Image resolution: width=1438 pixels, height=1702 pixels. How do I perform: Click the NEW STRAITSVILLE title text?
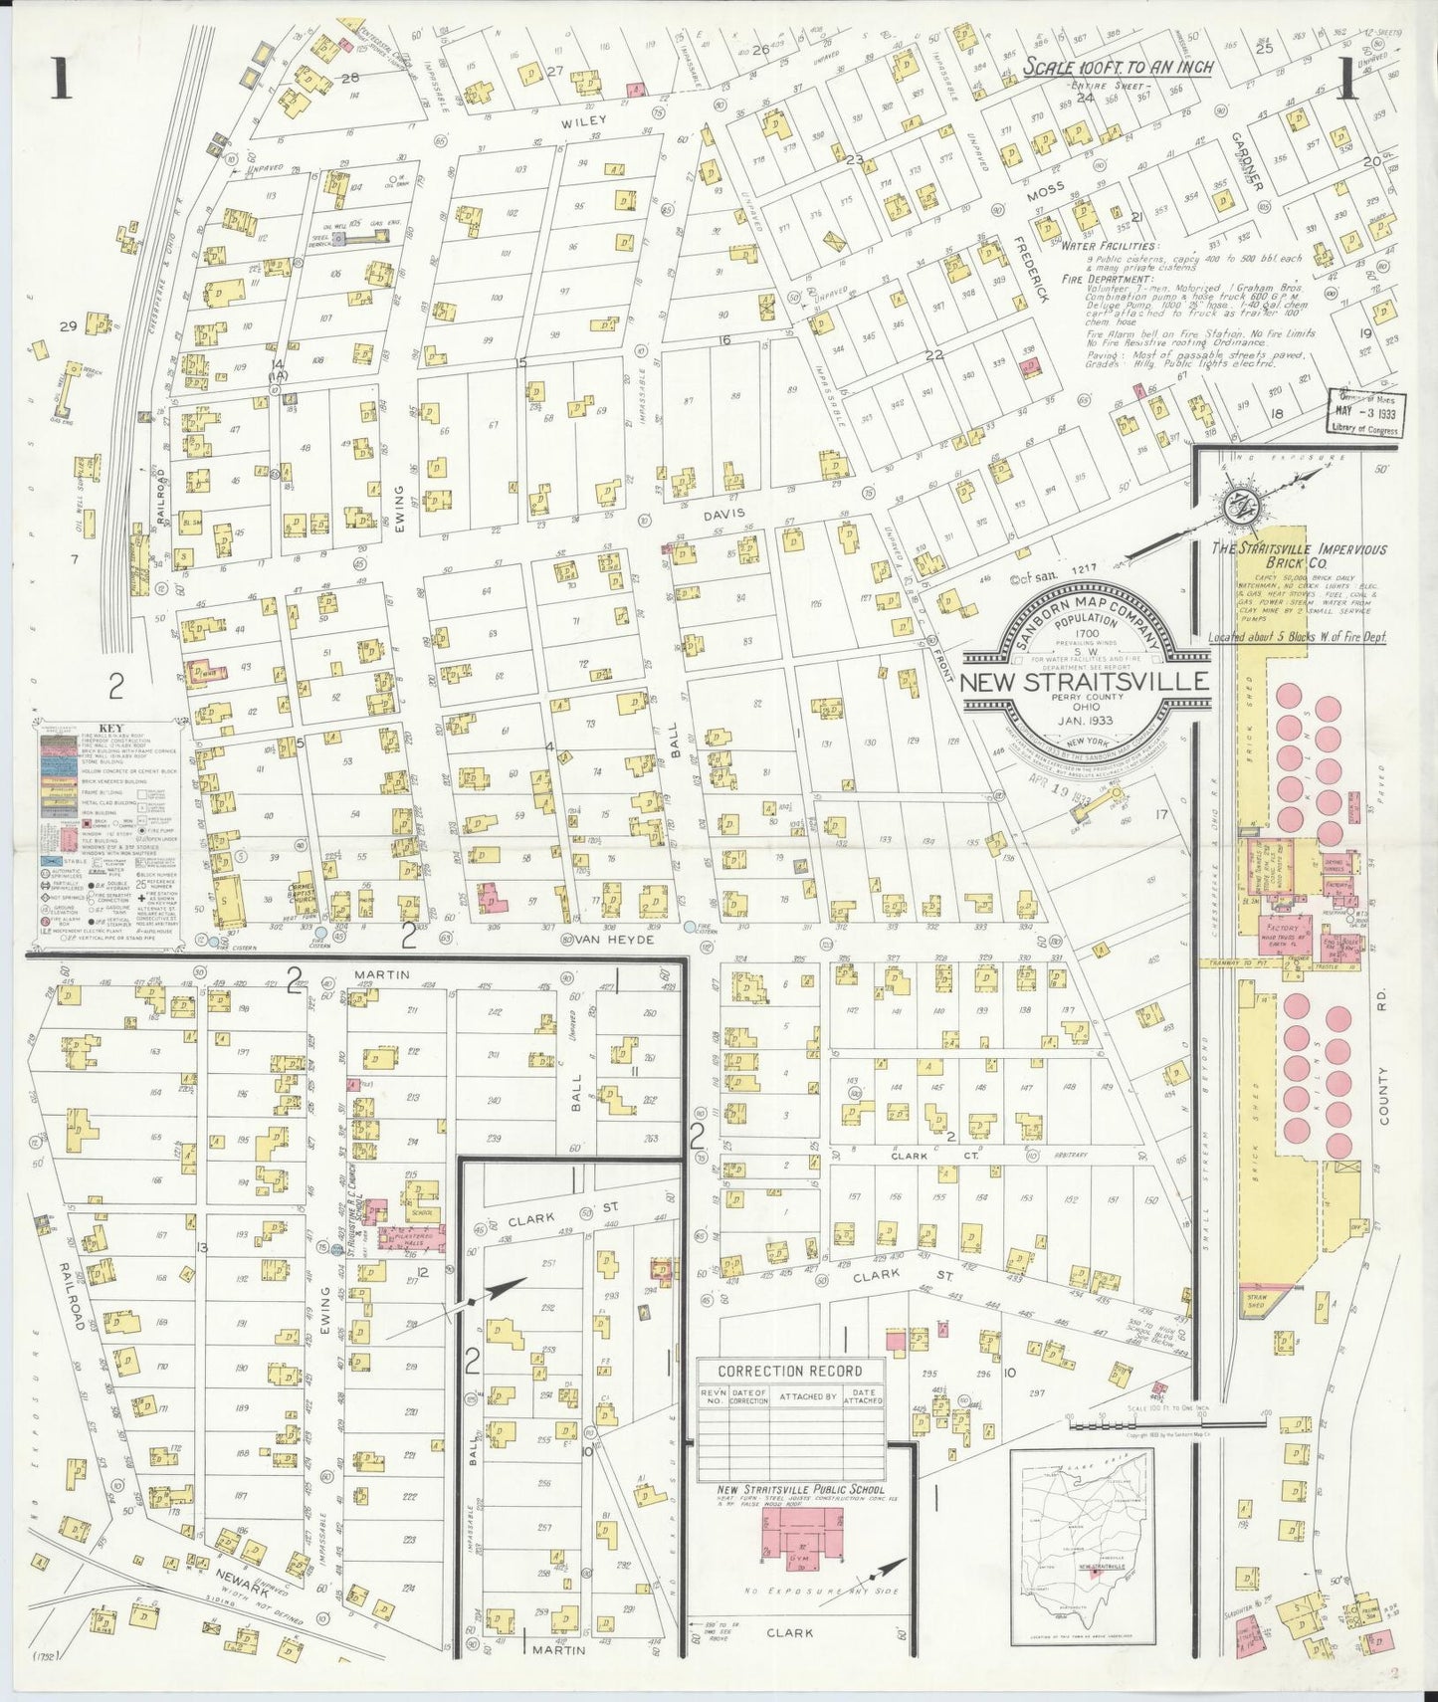point(1084,683)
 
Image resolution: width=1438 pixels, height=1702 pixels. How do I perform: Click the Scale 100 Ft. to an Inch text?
point(1120,67)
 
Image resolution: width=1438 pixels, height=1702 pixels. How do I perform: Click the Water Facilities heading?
point(1108,245)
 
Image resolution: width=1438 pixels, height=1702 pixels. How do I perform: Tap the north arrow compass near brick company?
point(1243,507)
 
